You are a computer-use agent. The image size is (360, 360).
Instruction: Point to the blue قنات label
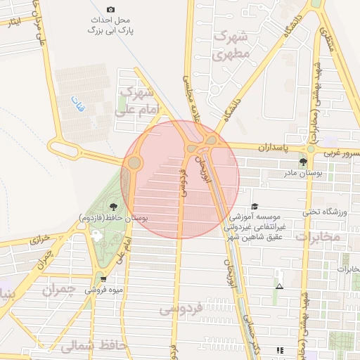[x=77, y=105]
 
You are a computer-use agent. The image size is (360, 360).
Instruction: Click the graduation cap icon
[x=255, y=207]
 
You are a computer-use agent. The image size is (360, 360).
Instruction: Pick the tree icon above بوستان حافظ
[x=113, y=207]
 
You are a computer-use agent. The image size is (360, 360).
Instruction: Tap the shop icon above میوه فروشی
[x=104, y=278]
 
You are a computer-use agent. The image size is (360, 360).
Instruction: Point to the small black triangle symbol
[x=280, y=286]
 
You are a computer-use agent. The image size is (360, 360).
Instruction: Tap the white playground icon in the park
[x=96, y=233]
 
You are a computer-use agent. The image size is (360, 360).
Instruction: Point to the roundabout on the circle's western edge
[x=133, y=163]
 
